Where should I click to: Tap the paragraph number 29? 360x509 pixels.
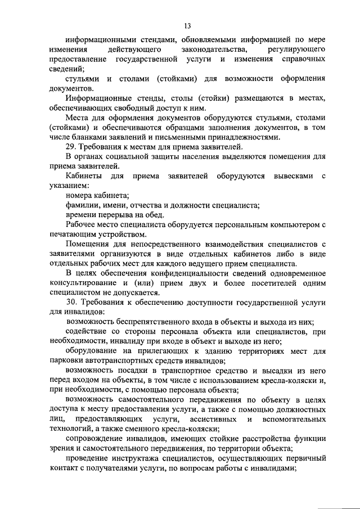click(x=71, y=147)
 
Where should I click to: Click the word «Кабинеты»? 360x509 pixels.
click(x=84, y=176)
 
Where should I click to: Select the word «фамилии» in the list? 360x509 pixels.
click(x=82, y=205)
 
